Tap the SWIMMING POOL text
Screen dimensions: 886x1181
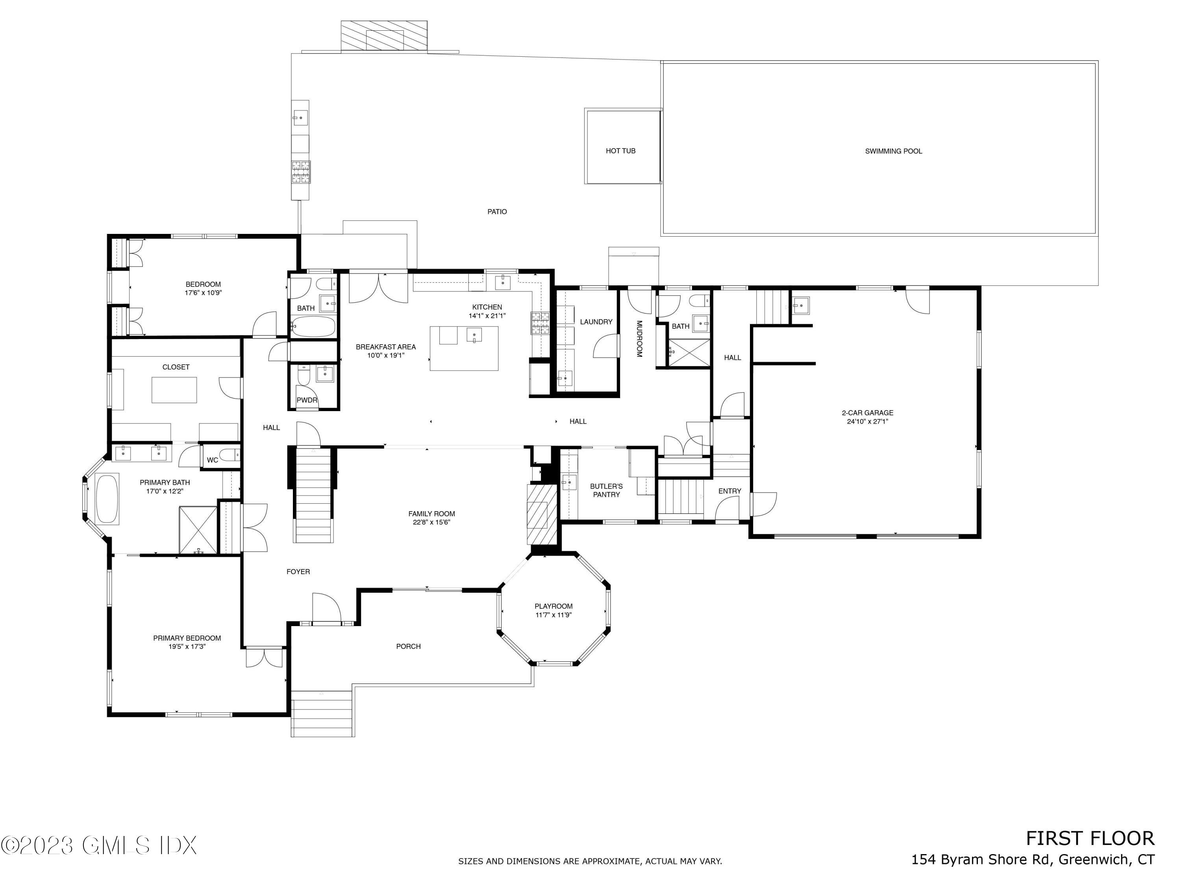[893, 151]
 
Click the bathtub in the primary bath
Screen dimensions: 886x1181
[107, 499]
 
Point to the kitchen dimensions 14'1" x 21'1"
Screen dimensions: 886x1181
[487, 316]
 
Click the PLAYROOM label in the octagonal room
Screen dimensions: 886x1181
[553, 606]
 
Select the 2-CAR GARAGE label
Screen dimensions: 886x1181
[867, 413]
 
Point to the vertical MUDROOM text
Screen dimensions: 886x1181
[639, 339]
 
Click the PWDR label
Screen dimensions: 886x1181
[307, 400]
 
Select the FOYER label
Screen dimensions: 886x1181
[298, 571]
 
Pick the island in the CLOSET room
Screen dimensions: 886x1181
[174, 389]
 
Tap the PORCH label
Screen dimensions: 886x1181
[409, 646]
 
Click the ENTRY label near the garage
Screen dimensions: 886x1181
[729, 491]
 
